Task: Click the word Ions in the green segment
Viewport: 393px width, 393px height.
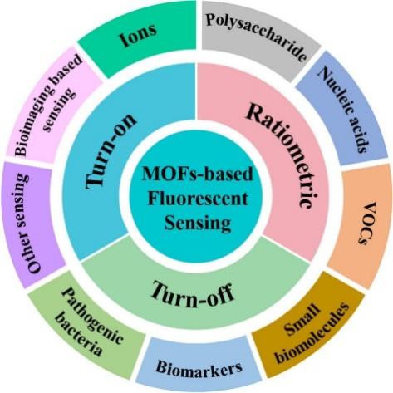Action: pyautogui.click(x=138, y=36)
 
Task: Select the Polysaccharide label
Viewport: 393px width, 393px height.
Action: pyautogui.click(x=257, y=34)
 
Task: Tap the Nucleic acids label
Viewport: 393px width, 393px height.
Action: pyautogui.click(x=343, y=110)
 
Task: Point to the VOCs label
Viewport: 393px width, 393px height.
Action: pyautogui.click(x=366, y=224)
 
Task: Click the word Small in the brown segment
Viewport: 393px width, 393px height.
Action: pyautogui.click(x=302, y=319)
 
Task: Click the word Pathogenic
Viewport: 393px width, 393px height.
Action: pyautogui.click(x=92, y=316)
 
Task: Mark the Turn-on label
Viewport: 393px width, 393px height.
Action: pyautogui.click(x=111, y=152)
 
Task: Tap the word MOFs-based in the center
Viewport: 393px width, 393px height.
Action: pyautogui.click(x=197, y=174)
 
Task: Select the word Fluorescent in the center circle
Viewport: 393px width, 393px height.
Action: pyautogui.click(x=198, y=199)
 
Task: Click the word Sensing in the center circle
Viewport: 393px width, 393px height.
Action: pyautogui.click(x=198, y=223)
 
